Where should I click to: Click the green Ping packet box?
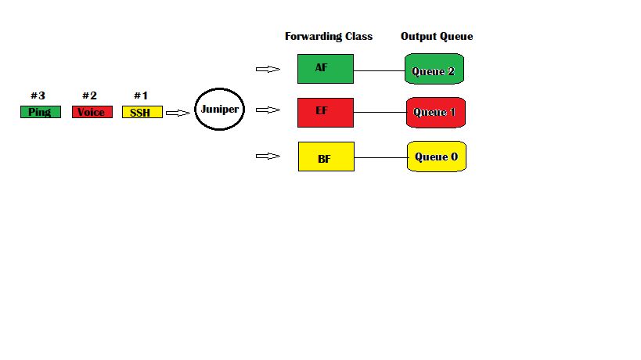40,112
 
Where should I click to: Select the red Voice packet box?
92,112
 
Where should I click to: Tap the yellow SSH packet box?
142,112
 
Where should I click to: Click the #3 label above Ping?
38,95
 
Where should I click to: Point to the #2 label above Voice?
90,95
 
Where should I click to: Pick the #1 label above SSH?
141,95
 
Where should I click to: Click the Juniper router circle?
219,110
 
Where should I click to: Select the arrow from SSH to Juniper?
178,113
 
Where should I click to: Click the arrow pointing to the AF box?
268,69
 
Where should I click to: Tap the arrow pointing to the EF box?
268,110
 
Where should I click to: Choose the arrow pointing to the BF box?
268,156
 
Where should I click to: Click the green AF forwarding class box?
326,69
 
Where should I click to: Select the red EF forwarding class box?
326,112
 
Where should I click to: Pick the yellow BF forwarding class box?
326,157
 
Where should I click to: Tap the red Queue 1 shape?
435,113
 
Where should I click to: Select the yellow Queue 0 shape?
436,157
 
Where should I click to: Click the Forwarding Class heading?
328,36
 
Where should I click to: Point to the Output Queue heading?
436,36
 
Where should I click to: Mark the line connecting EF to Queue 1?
380,113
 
